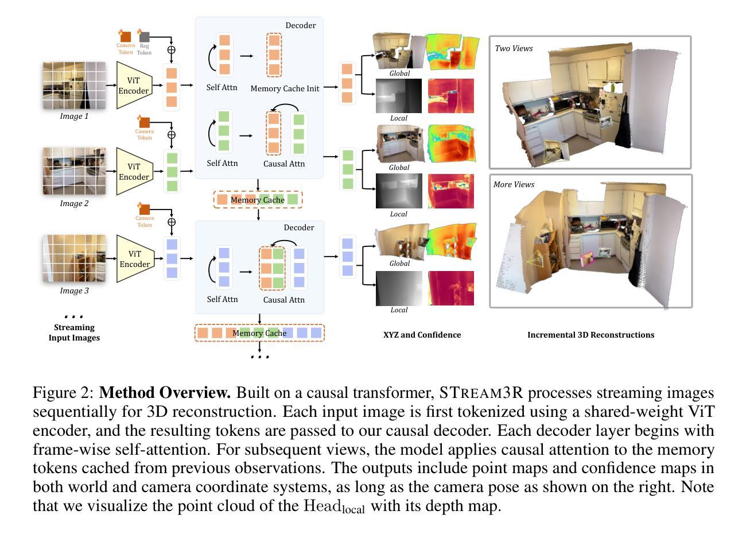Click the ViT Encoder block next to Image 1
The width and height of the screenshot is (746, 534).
point(134,86)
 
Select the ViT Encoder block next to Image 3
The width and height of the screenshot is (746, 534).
point(135,258)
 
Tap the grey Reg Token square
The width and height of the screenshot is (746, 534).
point(144,37)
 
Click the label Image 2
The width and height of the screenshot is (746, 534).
point(74,203)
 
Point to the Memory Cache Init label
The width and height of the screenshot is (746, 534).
point(285,88)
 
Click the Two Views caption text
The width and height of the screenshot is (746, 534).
point(514,48)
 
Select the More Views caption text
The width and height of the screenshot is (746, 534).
point(514,184)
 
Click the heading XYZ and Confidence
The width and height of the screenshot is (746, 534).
point(422,335)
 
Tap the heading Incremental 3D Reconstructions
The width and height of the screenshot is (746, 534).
point(591,335)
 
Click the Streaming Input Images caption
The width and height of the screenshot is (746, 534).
point(74,332)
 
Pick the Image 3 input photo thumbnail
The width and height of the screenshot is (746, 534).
point(74,258)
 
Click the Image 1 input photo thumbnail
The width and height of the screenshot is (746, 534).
point(74,86)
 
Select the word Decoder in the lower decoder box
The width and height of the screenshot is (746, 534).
point(299,227)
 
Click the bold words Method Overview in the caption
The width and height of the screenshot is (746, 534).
point(165,392)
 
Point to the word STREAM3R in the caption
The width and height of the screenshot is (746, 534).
point(481,393)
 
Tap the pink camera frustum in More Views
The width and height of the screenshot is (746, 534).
point(587,260)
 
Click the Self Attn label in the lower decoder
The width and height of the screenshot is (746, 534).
point(222,299)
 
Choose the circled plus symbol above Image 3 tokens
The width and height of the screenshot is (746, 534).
point(172,222)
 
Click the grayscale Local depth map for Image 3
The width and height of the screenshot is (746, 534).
point(399,288)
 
